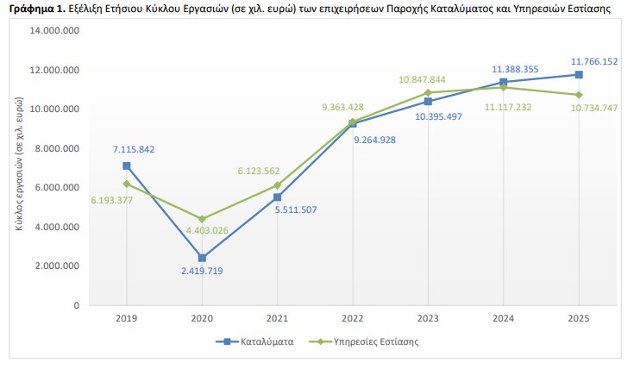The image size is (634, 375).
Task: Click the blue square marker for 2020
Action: click(202, 258)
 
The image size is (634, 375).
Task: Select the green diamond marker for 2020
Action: click(202, 219)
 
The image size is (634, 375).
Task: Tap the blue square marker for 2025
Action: click(579, 75)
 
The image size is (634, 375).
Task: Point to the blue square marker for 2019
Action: click(127, 166)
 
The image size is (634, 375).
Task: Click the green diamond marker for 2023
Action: click(428, 92)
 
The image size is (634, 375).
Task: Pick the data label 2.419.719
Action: click(202, 271)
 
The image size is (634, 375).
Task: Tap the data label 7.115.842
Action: click(133, 149)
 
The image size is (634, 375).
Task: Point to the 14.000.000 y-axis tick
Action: click(55, 30)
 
